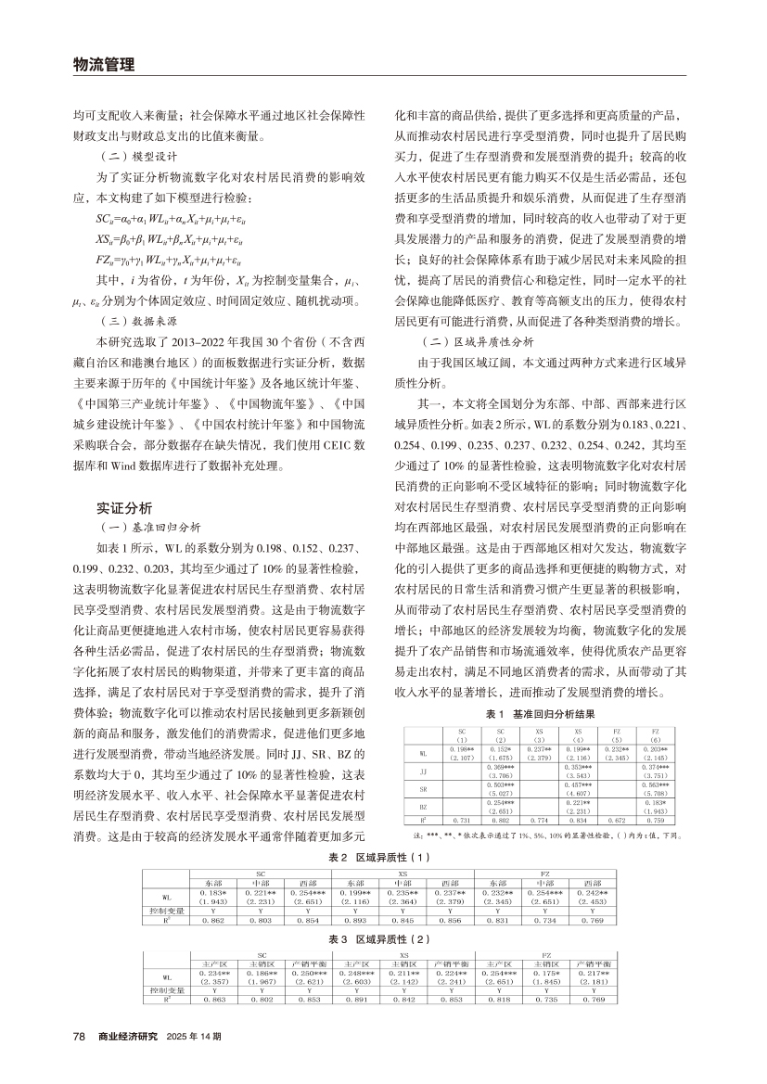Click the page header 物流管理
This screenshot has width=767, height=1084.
click(103, 64)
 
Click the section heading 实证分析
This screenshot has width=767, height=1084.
click(124, 508)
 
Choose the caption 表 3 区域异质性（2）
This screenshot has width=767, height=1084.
click(381, 939)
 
